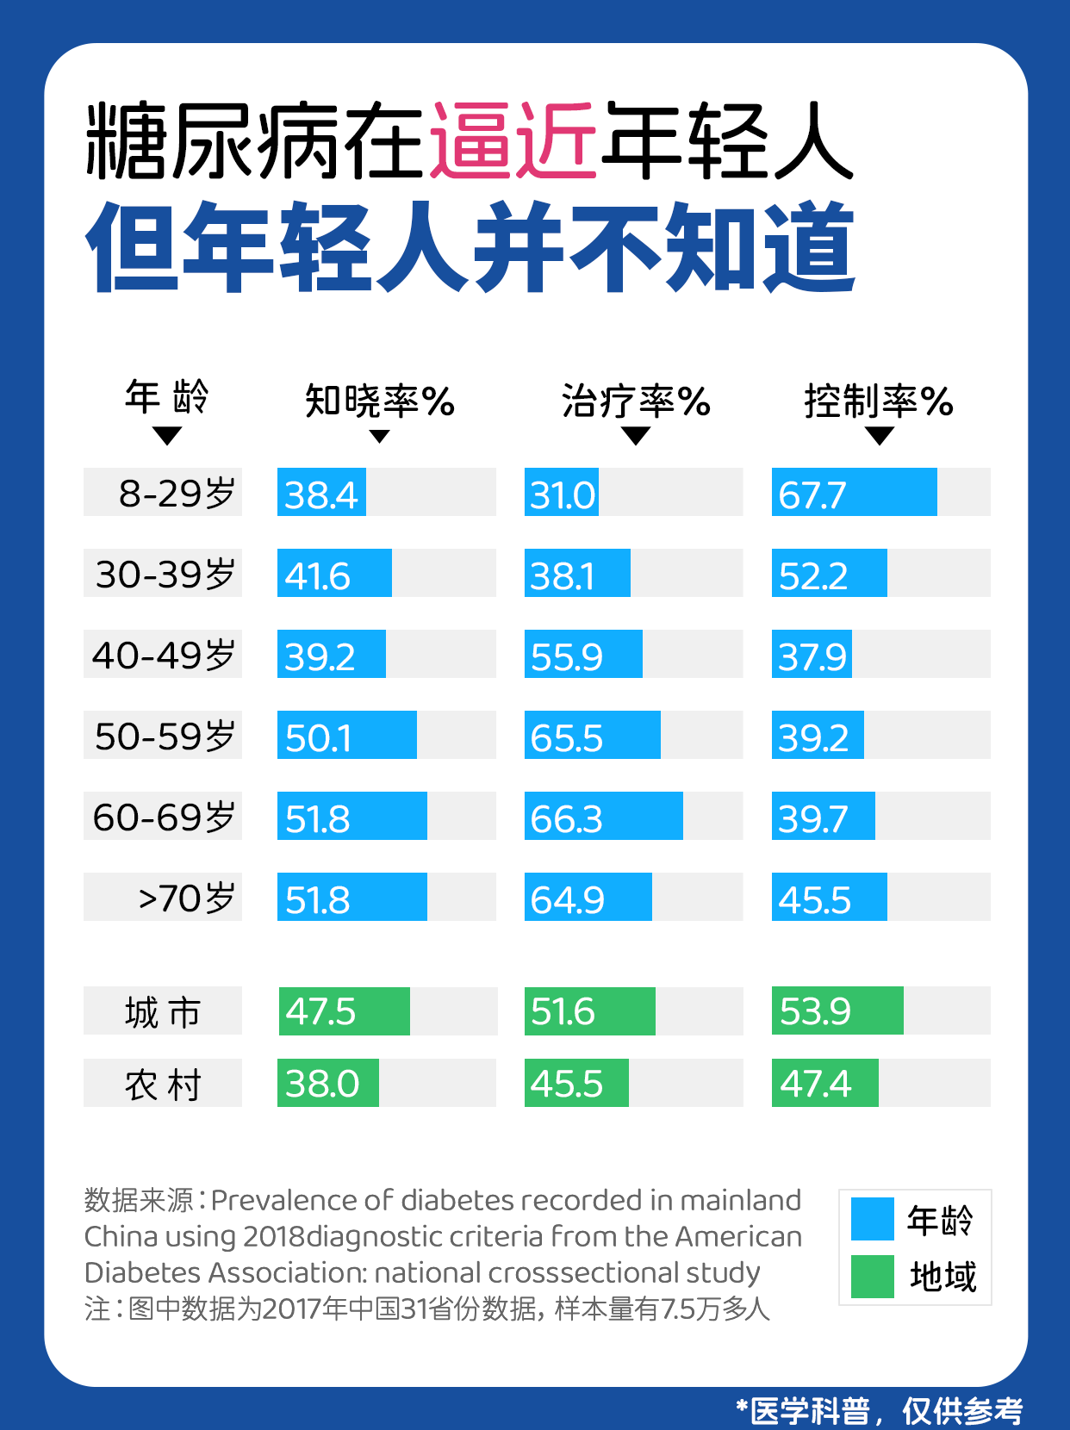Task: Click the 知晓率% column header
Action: [379, 401]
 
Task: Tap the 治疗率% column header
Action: [636, 401]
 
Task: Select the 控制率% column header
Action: [878, 401]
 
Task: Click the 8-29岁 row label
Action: [163, 493]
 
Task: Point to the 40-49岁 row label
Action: [163, 655]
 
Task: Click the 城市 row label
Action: [163, 1011]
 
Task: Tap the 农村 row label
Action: [163, 1084]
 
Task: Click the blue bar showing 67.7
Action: [854, 493]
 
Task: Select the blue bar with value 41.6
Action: [334, 574]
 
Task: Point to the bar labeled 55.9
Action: [583, 655]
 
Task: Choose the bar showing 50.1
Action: [346, 736]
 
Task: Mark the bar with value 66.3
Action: [603, 817]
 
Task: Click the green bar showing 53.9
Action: [837, 1011]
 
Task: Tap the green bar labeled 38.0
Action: [328, 1084]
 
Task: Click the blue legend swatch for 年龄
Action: [872, 1219]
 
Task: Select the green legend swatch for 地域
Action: [872, 1276]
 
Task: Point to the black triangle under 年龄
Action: [166, 436]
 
